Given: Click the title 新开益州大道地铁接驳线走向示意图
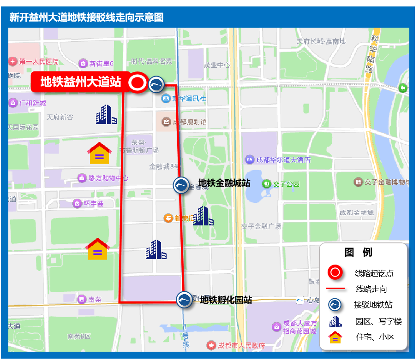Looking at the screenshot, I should tap(86, 18).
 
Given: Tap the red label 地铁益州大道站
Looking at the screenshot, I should tap(81, 82).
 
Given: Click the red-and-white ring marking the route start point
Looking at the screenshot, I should tap(137, 83).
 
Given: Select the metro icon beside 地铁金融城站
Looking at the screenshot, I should tap(181, 185).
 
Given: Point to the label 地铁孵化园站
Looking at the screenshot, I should tap(226, 300).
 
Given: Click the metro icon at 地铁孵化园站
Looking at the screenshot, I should tap(185, 300).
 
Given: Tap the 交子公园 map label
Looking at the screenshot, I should tap(286, 184).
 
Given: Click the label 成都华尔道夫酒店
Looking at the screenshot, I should tap(283, 160).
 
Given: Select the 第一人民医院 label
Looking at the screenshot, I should tap(39, 61).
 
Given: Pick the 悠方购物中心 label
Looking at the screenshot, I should tap(108, 177).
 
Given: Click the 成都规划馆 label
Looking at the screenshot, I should tap(190, 122).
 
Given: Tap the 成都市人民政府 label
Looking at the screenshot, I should tap(241, 345).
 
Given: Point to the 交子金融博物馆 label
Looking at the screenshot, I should tap(387, 182).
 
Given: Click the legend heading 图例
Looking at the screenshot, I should tap(359, 252).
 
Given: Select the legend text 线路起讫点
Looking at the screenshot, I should tap(374, 273).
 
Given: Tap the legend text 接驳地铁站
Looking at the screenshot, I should tap(373, 305).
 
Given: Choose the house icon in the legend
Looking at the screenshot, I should tap(335, 337).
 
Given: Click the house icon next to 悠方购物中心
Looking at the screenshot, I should tap(100, 153).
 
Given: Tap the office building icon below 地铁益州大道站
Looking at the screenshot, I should tap(106, 114).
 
